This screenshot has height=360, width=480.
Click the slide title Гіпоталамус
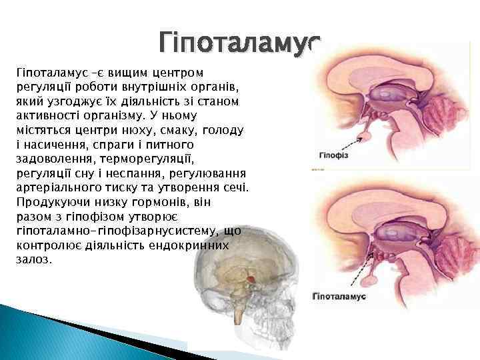pos(240,43)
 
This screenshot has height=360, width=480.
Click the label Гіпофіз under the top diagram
pos(335,155)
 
